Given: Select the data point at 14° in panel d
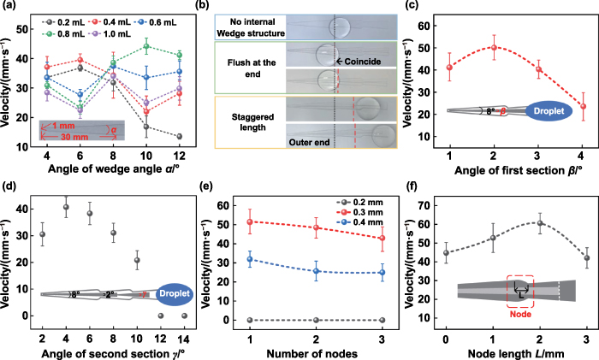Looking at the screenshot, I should pyautogui.click(x=184, y=316).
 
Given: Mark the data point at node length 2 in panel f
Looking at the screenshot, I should pyautogui.click(x=517, y=223).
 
